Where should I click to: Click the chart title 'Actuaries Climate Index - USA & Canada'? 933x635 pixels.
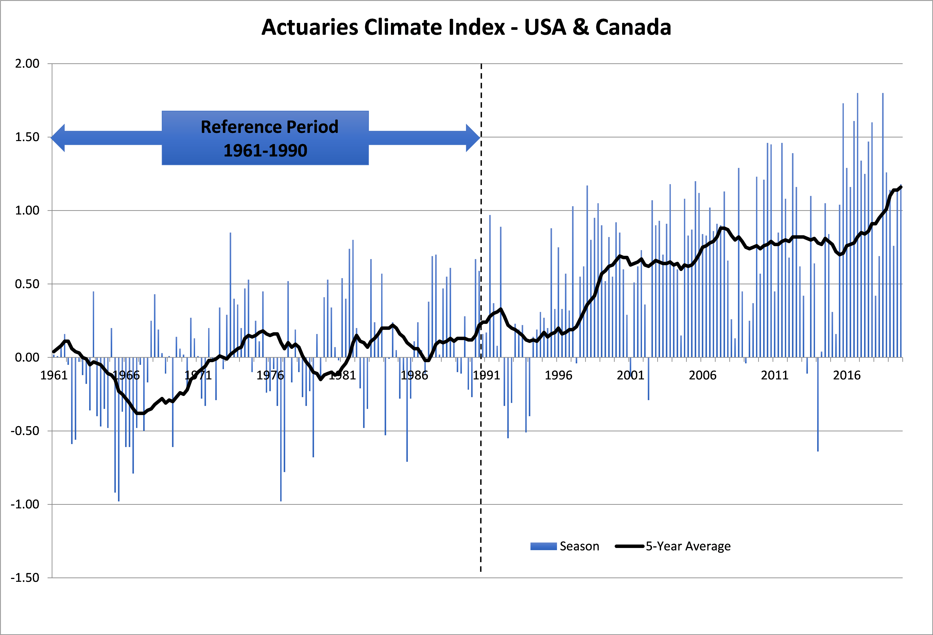[466, 27]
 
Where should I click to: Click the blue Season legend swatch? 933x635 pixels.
[543, 546]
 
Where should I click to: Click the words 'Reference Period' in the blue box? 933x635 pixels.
[269, 127]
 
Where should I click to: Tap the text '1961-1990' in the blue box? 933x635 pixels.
[265, 151]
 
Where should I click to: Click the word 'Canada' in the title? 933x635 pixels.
[633, 27]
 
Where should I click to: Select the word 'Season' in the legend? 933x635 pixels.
[579, 546]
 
